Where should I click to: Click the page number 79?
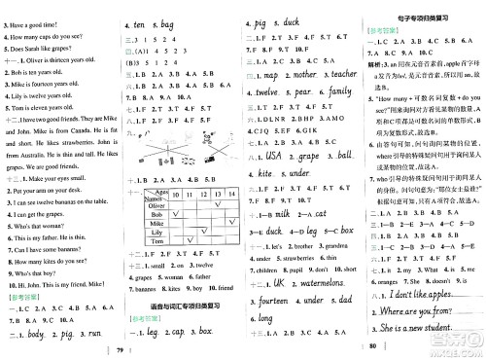click(119, 349)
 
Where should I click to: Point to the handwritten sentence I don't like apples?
click(429, 294)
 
